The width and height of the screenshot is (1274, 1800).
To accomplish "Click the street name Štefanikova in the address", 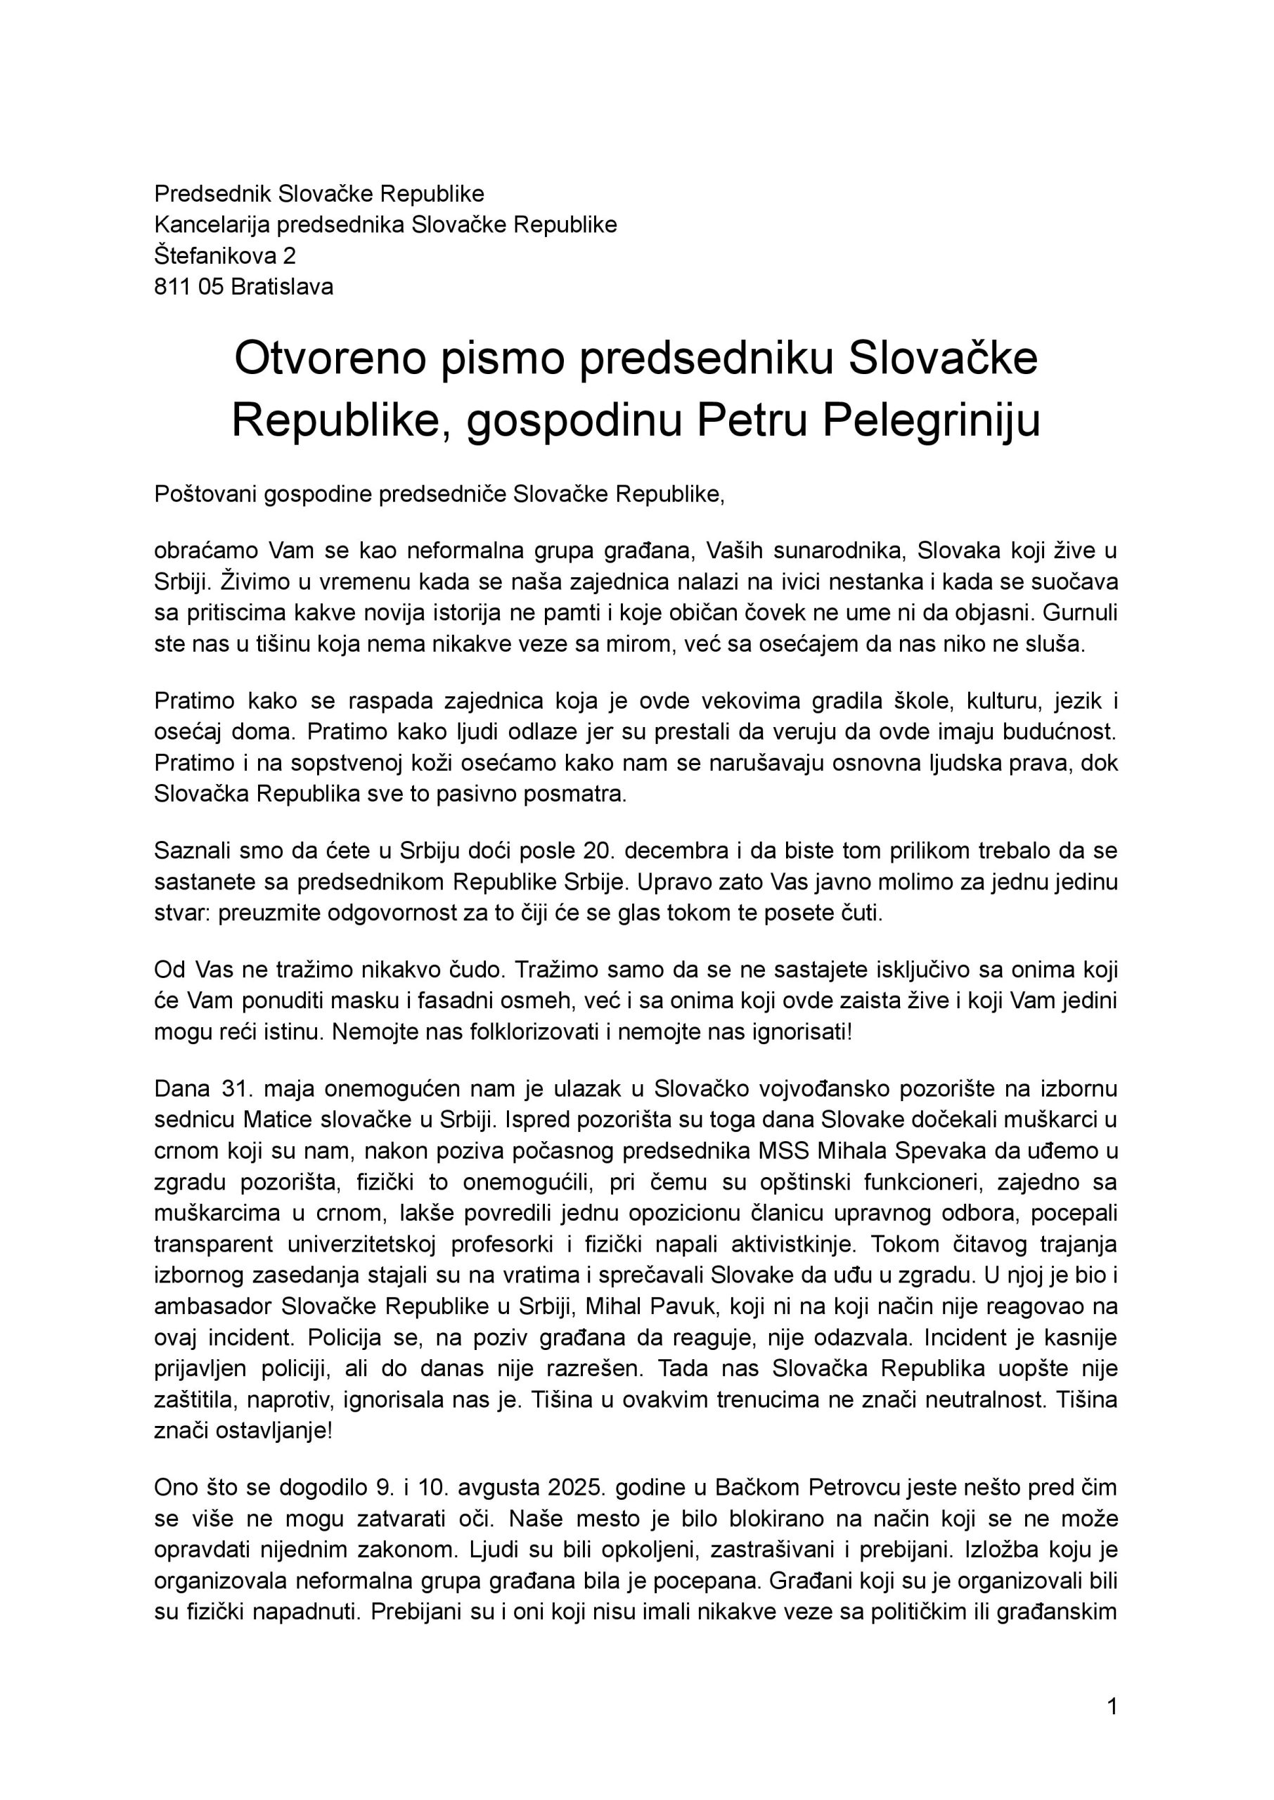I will [211, 256].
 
